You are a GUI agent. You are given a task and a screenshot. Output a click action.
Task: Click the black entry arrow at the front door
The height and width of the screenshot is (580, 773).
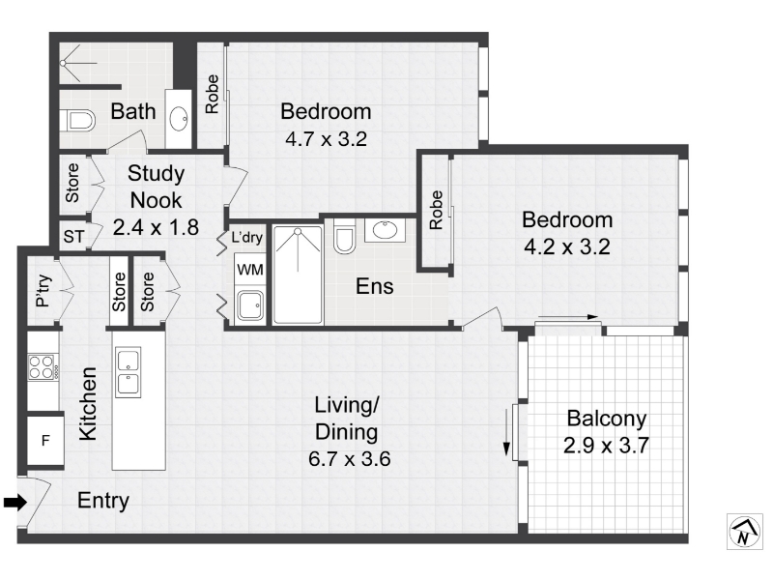pyautogui.click(x=15, y=503)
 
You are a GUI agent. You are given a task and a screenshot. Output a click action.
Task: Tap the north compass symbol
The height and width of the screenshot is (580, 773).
pyautogui.click(x=744, y=531)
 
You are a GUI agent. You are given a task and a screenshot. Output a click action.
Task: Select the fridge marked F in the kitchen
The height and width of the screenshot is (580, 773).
pyautogui.click(x=45, y=440)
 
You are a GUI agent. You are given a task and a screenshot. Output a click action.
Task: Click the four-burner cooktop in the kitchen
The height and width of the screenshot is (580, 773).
pyautogui.click(x=41, y=366)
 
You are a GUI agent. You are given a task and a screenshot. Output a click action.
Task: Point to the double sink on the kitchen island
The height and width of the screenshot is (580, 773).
pyautogui.click(x=129, y=372)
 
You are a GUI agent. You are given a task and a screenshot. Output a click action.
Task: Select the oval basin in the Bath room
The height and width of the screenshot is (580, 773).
pyautogui.click(x=179, y=119)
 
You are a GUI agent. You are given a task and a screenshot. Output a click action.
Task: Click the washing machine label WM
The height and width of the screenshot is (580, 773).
pyautogui.click(x=250, y=270)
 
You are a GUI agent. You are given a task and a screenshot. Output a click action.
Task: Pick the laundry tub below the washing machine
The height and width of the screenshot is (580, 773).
pyautogui.click(x=250, y=305)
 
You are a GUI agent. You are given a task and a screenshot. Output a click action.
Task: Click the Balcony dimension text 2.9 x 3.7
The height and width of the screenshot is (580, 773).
pyautogui.click(x=606, y=446)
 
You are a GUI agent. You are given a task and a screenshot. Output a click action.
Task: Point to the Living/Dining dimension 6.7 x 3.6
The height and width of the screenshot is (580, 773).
pyautogui.click(x=349, y=458)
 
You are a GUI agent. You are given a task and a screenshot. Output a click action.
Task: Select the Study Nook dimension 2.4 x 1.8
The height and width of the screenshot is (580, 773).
pyautogui.click(x=156, y=227)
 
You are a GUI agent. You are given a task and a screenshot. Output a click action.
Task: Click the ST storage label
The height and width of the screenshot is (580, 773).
pyautogui.click(x=74, y=237)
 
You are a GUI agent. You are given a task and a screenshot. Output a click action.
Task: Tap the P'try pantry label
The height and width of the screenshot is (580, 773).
pyautogui.click(x=43, y=291)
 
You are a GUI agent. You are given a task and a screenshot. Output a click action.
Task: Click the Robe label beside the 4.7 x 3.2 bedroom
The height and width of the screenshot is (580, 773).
pyautogui.click(x=212, y=94)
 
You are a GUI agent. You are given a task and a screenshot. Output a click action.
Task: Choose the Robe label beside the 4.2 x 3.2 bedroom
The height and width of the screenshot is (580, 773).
pyautogui.click(x=436, y=210)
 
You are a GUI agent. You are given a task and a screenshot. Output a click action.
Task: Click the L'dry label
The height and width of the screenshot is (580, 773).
pyautogui.click(x=247, y=237)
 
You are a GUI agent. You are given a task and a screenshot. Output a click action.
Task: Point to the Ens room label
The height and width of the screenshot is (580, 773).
pyautogui.click(x=375, y=286)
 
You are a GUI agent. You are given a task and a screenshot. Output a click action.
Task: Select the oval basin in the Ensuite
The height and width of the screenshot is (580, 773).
pyautogui.click(x=385, y=230)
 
